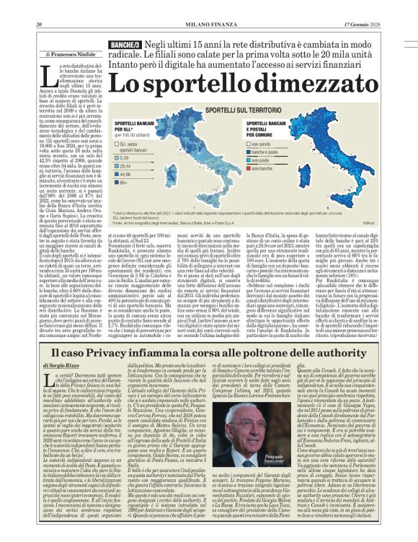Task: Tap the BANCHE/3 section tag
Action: tap(123, 45)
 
